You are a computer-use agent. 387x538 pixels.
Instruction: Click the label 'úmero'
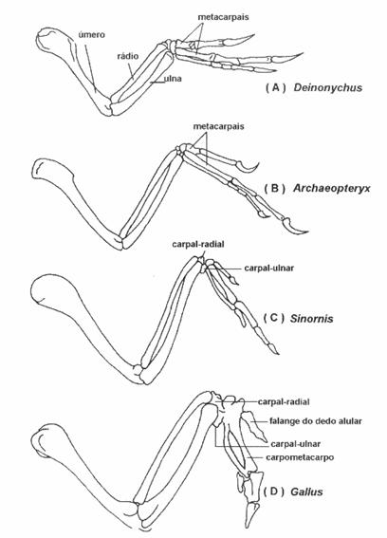coord(92,35)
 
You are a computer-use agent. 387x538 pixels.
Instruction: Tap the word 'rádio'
coord(128,56)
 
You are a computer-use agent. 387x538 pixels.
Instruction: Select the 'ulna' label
coord(173,79)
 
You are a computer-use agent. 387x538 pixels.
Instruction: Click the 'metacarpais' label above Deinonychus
coord(223,16)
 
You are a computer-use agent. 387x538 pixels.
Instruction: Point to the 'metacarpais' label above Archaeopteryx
coord(218,126)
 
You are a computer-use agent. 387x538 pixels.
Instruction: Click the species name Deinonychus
coord(327,87)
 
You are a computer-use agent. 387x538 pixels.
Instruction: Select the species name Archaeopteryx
coord(332,189)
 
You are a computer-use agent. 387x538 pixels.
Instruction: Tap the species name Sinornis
coord(311,319)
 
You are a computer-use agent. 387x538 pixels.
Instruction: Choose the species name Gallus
coord(306,492)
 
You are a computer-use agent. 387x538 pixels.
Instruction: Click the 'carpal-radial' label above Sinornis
coord(198,244)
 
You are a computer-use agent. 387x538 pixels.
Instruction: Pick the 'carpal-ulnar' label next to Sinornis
coord(269,268)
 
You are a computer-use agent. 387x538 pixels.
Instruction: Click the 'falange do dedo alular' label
coord(315,420)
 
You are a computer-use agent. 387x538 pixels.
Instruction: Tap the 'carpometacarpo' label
coord(300,457)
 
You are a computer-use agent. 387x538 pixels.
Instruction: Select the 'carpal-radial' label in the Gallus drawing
coord(284,401)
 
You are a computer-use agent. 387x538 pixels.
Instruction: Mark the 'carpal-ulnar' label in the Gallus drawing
coord(296,444)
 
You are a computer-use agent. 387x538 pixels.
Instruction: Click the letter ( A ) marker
coord(275,88)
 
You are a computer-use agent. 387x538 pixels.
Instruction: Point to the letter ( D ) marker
coord(274,492)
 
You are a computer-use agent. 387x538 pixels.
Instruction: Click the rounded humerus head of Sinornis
coord(48,288)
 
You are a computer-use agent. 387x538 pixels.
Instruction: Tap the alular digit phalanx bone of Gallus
coord(254,425)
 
